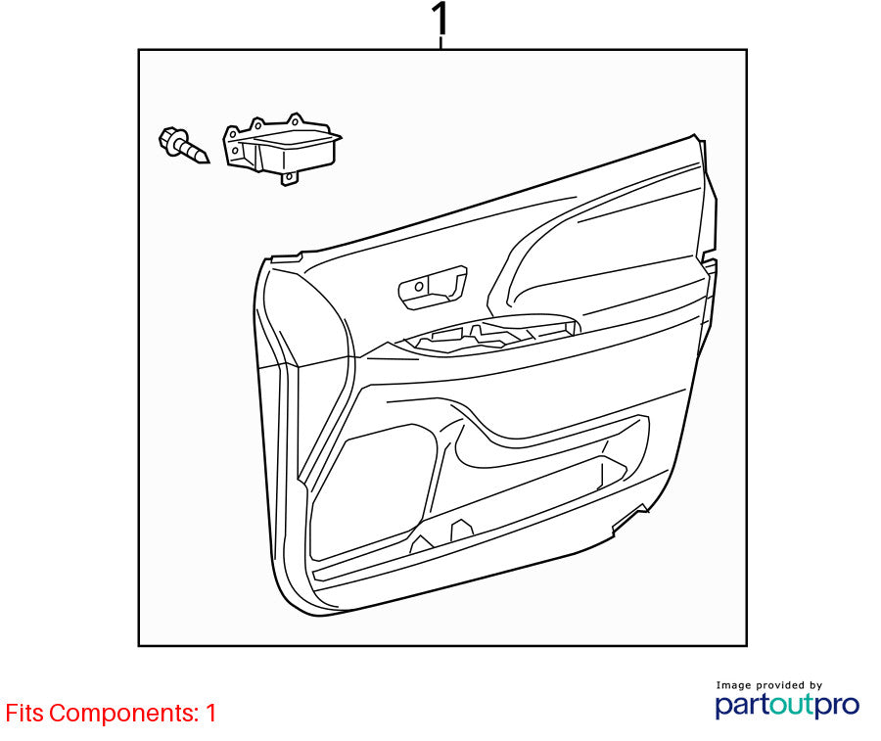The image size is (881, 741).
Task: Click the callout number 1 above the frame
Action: (440, 19)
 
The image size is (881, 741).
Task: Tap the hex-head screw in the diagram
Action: (184, 146)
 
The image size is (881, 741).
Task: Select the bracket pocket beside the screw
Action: (283, 149)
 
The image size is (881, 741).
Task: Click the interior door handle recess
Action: (432, 287)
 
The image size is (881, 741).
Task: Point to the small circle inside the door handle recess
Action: (419, 287)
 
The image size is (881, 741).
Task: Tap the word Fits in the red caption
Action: (24, 713)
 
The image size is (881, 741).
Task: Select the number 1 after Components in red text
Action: (210, 713)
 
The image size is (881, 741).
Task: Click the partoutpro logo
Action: (787, 705)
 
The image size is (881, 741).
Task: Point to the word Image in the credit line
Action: (733, 685)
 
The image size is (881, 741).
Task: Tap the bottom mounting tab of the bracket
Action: (289, 178)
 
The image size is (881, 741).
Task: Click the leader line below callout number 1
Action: (440, 43)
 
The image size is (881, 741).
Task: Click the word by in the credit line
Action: (815, 686)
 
